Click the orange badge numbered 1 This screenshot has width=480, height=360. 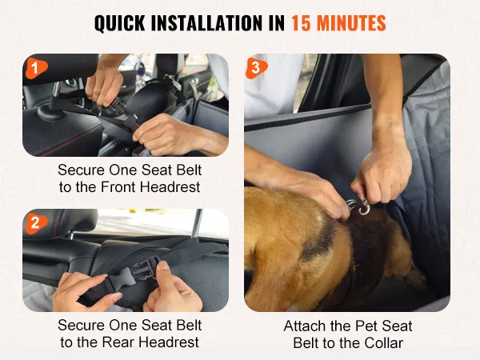pos(36,67)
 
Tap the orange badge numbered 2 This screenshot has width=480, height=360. pos(36,222)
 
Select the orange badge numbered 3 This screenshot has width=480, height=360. pos(256,68)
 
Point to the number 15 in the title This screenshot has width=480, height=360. pos(300,23)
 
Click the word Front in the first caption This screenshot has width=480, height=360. pos(118,186)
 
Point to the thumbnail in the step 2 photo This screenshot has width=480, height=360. pos(164,266)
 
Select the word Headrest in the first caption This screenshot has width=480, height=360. pos(170,186)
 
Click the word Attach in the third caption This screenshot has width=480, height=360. pos(305,326)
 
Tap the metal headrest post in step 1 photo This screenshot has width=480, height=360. pos(56,93)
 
